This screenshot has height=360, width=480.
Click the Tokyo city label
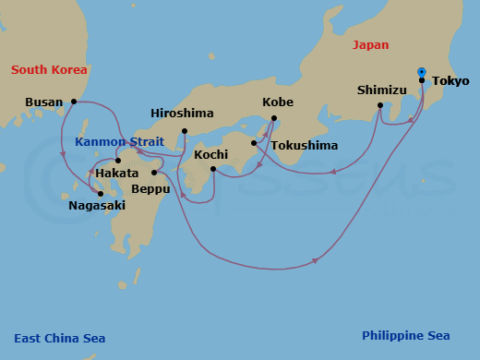[450, 80]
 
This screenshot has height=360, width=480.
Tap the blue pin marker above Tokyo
[422, 71]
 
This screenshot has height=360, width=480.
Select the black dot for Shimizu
[380, 105]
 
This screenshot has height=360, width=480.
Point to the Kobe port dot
[275, 117]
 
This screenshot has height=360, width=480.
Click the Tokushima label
[304, 146]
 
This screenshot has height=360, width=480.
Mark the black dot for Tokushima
[254, 143]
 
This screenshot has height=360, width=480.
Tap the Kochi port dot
[212, 169]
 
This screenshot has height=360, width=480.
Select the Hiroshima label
[182, 114]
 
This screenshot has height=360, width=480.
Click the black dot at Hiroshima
[185, 130]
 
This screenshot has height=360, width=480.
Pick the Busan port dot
[74, 102]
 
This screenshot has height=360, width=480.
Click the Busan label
[44, 102]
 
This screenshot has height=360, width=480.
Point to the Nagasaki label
[96, 207]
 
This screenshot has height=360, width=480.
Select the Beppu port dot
[154, 173]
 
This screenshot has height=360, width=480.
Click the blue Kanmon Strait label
[118, 142]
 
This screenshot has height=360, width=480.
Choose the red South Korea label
[48, 70]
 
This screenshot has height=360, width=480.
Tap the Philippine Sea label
[405, 336]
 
